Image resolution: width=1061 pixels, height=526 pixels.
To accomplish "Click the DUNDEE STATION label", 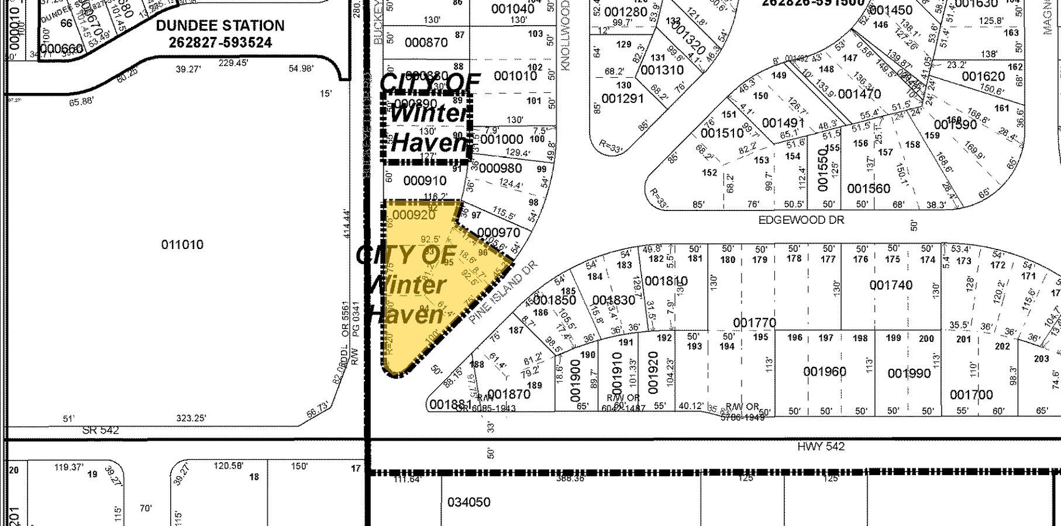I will pyautogui.click(x=221, y=26).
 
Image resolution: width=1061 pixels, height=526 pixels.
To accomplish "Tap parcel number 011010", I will pyautogui.click(x=182, y=244).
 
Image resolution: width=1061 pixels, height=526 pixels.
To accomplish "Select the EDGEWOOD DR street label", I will pyautogui.click(x=801, y=220).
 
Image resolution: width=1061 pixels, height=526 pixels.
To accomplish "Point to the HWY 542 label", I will pyautogui.click(x=821, y=447).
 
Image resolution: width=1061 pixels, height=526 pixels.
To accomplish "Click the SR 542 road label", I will pyautogui.click(x=101, y=431).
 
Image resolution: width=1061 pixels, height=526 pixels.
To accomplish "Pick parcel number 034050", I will pyautogui.click(x=469, y=502).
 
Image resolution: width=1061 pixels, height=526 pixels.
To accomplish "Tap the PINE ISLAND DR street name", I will pyautogui.click(x=502, y=292).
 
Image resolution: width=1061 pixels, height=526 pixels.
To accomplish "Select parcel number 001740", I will pyautogui.click(x=891, y=285).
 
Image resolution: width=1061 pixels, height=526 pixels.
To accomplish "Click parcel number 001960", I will pyautogui.click(x=825, y=372).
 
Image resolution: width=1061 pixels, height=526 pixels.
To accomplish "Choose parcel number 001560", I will pyautogui.click(x=869, y=188).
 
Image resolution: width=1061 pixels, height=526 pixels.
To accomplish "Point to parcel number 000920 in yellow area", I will pyautogui.click(x=414, y=215).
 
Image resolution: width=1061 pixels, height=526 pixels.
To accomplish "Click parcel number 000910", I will pyautogui.click(x=425, y=181).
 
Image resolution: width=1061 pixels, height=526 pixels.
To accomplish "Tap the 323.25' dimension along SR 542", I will pyautogui.click(x=191, y=418).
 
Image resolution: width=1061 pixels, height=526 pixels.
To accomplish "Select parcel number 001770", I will pyautogui.click(x=755, y=323).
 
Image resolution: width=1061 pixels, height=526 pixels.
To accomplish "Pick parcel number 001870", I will pyautogui.click(x=508, y=394).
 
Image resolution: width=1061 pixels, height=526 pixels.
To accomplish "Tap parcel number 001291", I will pyautogui.click(x=622, y=98).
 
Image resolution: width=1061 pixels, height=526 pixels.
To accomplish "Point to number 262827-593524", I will pyautogui.click(x=221, y=43).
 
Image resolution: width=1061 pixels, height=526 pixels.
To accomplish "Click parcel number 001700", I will pyautogui.click(x=971, y=395).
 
